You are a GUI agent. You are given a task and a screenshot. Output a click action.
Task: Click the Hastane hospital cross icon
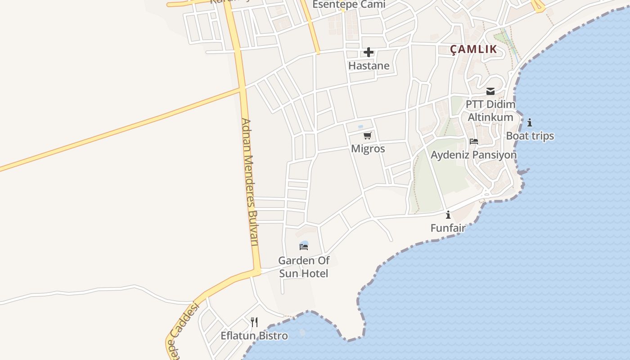click(369, 52)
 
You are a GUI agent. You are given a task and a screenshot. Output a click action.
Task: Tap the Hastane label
click(369, 66)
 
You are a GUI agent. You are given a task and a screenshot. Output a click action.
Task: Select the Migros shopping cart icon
click(368, 135)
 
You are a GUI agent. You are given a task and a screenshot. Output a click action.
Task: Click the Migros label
click(368, 148)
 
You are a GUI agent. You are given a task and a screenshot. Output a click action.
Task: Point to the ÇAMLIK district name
click(474, 49)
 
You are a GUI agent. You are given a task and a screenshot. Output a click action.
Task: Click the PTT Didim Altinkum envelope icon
click(490, 91)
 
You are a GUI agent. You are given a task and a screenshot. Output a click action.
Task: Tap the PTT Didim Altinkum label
click(490, 111)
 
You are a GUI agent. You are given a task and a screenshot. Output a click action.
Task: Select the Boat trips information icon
click(530, 122)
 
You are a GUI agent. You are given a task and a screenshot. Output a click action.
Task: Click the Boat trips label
click(530, 136)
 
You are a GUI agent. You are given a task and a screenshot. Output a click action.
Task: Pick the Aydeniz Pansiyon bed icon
click(473, 141)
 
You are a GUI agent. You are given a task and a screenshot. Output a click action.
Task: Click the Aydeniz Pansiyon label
click(473, 155)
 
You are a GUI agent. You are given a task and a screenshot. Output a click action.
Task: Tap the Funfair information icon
click(448, 215)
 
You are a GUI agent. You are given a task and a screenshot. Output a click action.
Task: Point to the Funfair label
click(448, 228)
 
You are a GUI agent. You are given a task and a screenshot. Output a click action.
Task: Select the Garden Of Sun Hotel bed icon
click(304, 247)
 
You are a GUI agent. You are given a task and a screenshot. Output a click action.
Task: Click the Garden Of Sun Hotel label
click(304, 267)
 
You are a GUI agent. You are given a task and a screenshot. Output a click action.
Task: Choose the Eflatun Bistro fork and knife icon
click(254, 322)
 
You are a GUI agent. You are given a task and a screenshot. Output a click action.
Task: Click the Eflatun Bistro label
click(254, 336)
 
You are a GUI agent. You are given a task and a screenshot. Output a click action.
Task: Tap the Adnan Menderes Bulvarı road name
click(250, 182)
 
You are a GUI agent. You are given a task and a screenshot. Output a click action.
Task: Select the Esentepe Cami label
click(349, 4)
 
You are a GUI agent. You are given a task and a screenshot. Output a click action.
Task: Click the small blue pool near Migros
click(360, 127)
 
